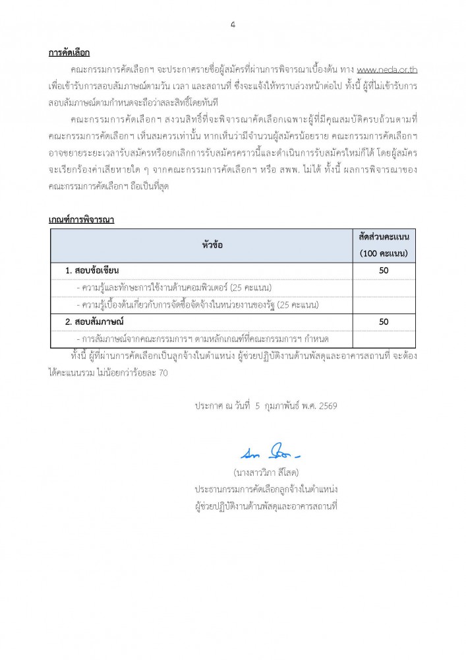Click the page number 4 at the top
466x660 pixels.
(x=233, y=25)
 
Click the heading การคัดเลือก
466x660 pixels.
(x=69, y=53)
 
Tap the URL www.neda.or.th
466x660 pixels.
(x=386, y=70)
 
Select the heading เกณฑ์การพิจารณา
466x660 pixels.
(x=81, y=220)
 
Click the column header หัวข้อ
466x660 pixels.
(x=212, y=245)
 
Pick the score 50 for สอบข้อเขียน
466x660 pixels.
(x=384, y=271)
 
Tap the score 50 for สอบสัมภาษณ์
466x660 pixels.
(x=384, y=321)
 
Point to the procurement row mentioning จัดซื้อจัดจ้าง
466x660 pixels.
(x=198, y=305)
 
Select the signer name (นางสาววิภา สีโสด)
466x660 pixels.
(x=266, y=473)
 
